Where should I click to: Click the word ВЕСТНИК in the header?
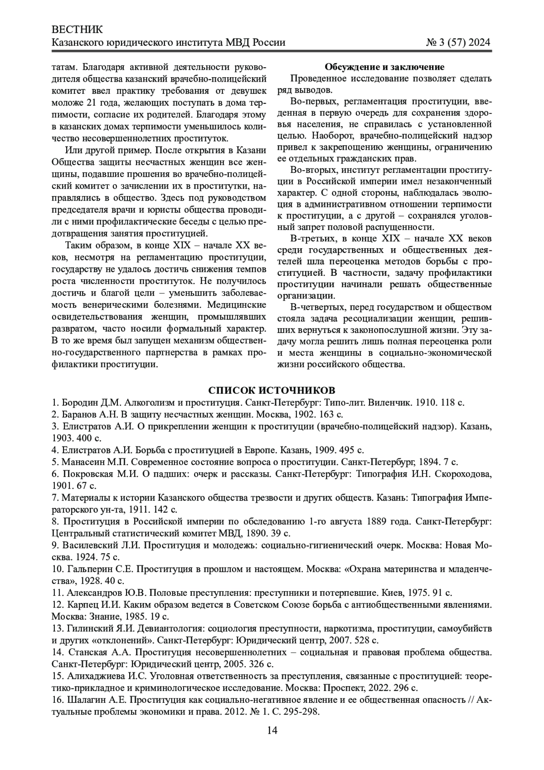point(77,30)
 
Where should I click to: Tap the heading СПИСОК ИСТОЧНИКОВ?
point(272,391)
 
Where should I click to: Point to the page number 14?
point(272,730)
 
